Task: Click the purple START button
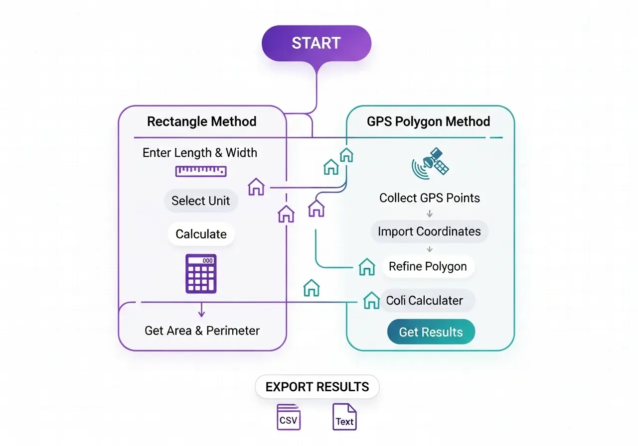pyautogui.click(x=317, y=43)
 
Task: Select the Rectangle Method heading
pyautogui.click(x=202, y=121)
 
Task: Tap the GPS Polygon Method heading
pyautogui.click(x=429, y=121)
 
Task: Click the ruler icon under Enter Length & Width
pyautogui.click(x=201, y=171)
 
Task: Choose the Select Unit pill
pyautogui.click(x=201, y=201)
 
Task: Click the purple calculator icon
pyautogui.click(x=201, y=273)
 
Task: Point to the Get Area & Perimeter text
pyautogui.click(x=202, y=331)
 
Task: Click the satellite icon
pyautogui.click(x=431, y=163)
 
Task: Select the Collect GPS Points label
pyautogui.click(x=430, y=198)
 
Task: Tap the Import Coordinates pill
pyautogui.click(x=429, y=231)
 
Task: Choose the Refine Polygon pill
pyautogui.click(x=428, y=266)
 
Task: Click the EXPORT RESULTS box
pyautogui.click(x=317, y=387)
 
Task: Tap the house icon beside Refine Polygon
pyautogui.click(x=367, y=267)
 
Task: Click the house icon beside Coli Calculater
pyautogui.click(x=371, y=300)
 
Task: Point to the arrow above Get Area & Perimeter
pyautogui.click(x=201, y=311)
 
